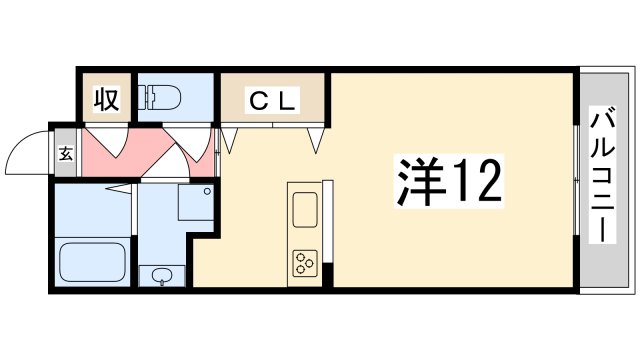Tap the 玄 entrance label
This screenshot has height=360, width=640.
(65, 156)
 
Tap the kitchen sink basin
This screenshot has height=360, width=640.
(303, 211)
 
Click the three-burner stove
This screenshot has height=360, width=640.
(303, 263)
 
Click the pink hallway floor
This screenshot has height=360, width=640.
(150, 155)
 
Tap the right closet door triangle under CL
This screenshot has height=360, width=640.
(318, 138)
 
